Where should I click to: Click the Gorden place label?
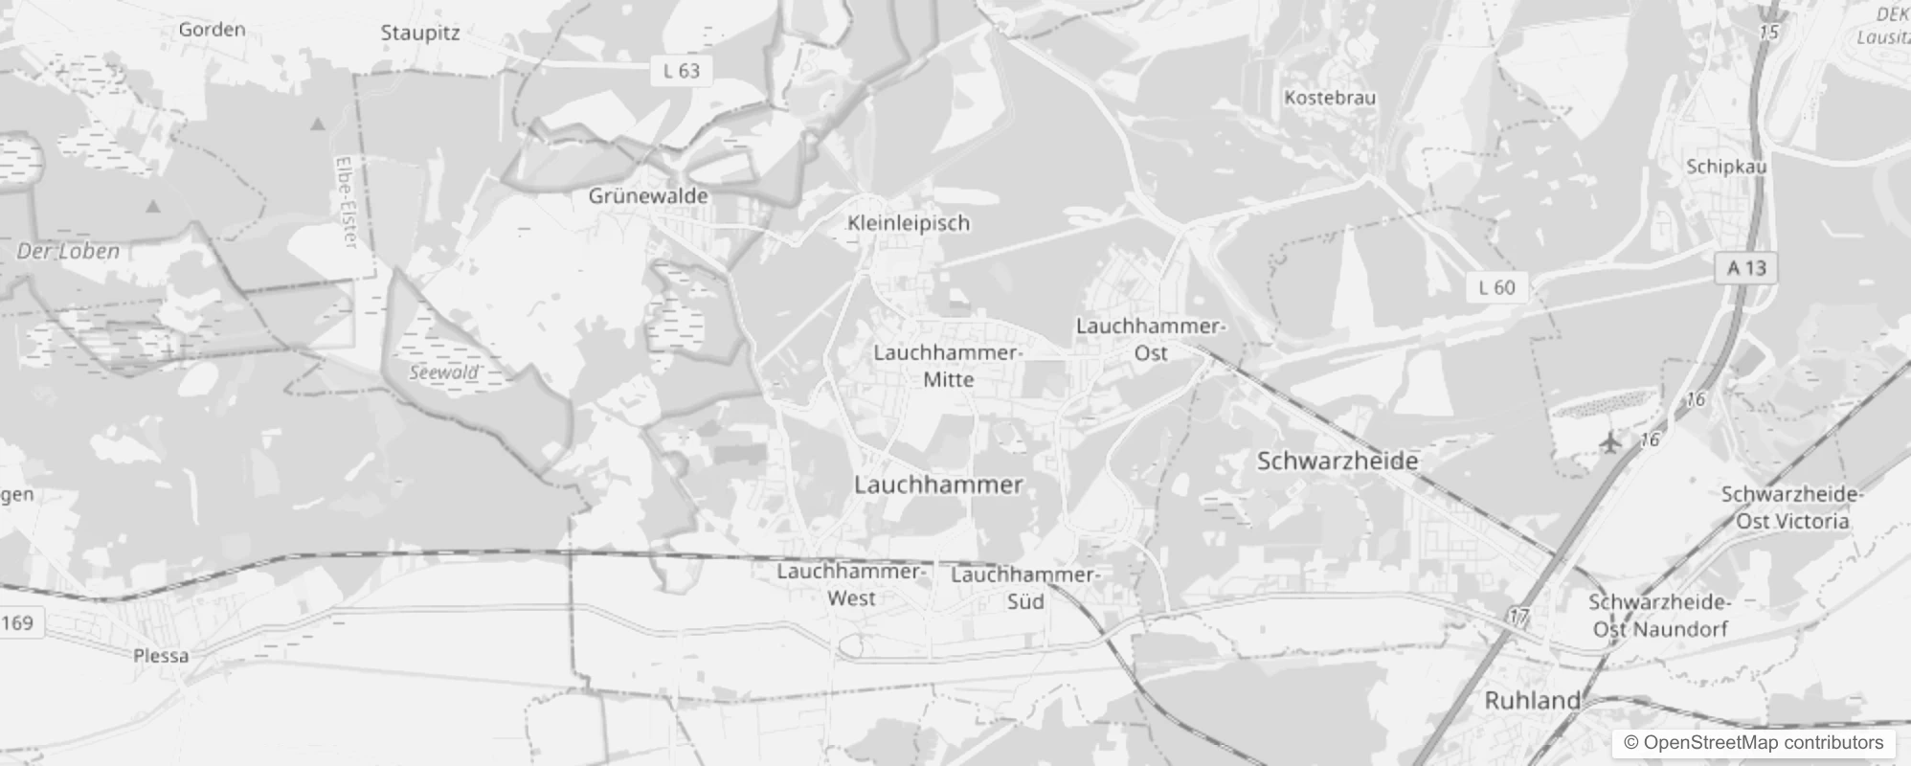tap(212, 30)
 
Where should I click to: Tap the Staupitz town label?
tap(419, 33)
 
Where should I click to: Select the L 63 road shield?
tap(682, 71)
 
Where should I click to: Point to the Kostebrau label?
tap(1330, 98)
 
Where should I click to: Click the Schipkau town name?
tap(1726, 167)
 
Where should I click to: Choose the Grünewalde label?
tap(648, 196)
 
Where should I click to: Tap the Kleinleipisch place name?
tap(909, 223)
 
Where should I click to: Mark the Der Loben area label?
tap(68, 252)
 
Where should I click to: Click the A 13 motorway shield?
tap(1745, 268)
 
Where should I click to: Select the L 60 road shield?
tap(1496, 287)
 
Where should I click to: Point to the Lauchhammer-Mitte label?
tap(948, 366)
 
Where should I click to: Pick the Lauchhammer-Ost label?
tap(1150, 339)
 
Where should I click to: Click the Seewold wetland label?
tap(443, 372)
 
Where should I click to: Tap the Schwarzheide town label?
tap(1337, 462)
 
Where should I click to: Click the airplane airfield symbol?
tap(1611, 442)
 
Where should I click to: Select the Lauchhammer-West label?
tap(850, 584)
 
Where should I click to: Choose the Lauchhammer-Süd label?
tap(1025, 588)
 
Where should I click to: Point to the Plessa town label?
tap(161, 656)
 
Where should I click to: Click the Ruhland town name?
tap(1532, 701)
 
